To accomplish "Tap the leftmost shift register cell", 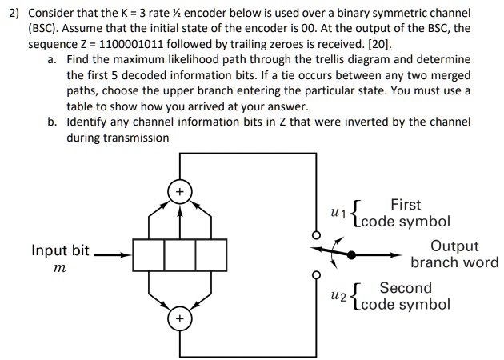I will pos(148,255).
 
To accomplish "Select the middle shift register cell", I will pos(179,255).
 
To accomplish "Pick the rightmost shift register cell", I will pos(210,255).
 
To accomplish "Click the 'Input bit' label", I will pos(61,250).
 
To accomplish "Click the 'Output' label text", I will pos(454,246).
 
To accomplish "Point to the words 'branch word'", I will pos(454,262).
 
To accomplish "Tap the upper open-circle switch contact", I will pos(316,237).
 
